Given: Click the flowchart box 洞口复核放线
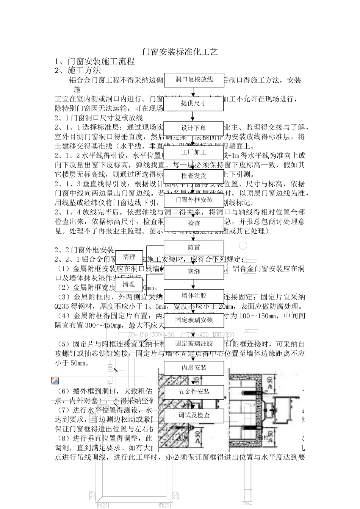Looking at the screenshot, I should pyautogui.click(x=194, y=80).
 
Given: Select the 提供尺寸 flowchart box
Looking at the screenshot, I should pyautogui.click(x=194, y=104).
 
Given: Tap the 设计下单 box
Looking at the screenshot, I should pyautogui.click(x=194, y=128).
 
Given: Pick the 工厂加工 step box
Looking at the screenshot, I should pyautogui.click(x=194, y=153).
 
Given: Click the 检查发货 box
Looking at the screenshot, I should pyautogui.click(x=194, y=176).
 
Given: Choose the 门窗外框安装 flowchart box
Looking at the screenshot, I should pyautogui.click(x=194, y=200).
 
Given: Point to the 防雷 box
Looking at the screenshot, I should pyautogui.click(x=194, y=248).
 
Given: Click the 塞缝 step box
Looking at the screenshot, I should pyautogui.click(x=194, y=272).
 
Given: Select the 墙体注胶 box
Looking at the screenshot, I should pyautogui.click(x=194, y=296).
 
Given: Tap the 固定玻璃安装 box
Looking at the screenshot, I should pyautogui.click(x=194, y=320).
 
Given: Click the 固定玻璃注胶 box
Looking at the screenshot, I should pyautogui.click(x=194, y=344).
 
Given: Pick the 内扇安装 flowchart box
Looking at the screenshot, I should pyautogui.click(x=194, y=368).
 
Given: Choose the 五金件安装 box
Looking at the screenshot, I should pyautogui.click(x=194, y=392).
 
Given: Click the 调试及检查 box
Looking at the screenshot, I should pyautogui.click(x=194, y=415).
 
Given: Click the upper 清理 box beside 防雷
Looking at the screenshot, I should pyautogui.click(x=129, y=257).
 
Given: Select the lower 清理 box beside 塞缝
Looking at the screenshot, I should pyautogui.click(x=129, y=284).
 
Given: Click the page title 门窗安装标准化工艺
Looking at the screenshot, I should pyautogui.click(x=180, y=52).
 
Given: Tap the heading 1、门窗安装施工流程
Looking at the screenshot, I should pyautogui.click(x=95, y=61).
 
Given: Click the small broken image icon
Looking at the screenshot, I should pyautogui.click(x=55, y=381).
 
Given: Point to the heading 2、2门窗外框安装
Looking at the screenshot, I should pyautogui.click(x=84, y=250).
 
